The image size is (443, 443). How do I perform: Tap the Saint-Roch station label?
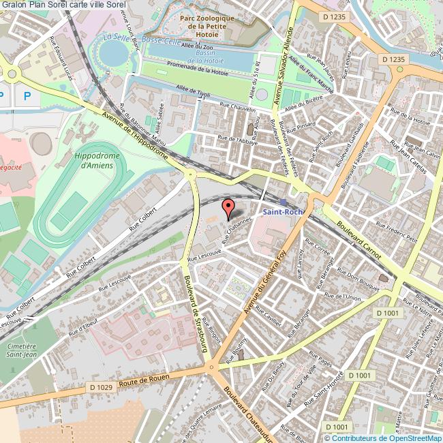[x=283, y=212]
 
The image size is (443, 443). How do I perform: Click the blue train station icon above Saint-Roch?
[x=283, y=202]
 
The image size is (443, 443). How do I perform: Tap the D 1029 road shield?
[x=101, y=387]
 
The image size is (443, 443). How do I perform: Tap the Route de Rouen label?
[x=145, y=380]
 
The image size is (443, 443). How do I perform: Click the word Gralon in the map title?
[x=13, y=5]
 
